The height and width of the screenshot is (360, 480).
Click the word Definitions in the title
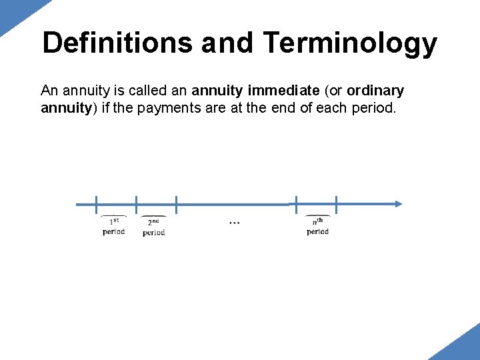click(117, 43)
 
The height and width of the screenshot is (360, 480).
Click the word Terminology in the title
click(350, 44)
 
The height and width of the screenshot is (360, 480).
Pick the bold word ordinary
click(375, 90)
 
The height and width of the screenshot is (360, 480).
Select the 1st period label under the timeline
click(113, 226)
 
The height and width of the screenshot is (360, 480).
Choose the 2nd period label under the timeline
click(153, 227)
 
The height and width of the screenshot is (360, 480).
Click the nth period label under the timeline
click(317, 226)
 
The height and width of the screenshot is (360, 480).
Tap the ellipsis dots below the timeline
click(234, 223)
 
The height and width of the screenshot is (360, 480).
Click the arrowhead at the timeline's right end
click(398, 204)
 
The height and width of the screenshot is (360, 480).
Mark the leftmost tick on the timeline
click(96, 204)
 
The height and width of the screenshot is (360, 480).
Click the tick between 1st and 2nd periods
click(136, 204)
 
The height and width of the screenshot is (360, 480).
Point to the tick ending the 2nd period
click(176, 204)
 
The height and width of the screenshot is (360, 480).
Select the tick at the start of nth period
click(297, 204)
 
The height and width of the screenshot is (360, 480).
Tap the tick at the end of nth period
click(337, 204)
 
